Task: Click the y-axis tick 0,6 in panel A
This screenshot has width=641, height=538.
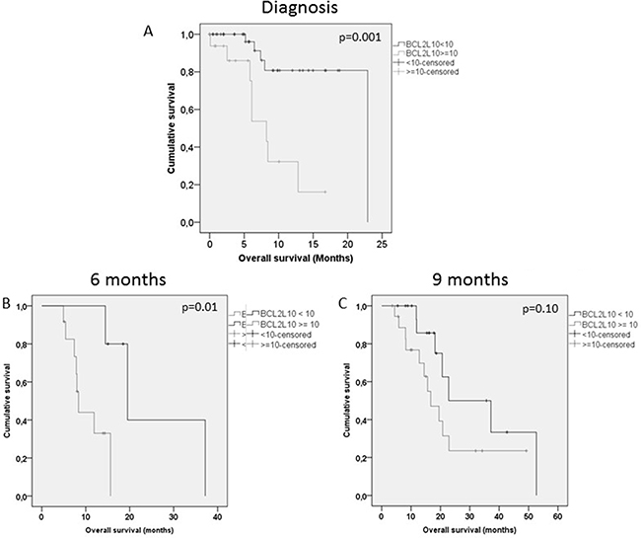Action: (188, 110)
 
